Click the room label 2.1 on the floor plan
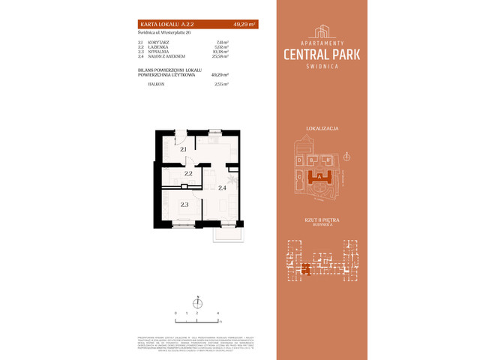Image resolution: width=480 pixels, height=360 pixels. pos(183,150)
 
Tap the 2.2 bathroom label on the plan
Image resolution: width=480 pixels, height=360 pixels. pos(188,173)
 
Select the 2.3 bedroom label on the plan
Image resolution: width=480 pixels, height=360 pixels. pos(183,203)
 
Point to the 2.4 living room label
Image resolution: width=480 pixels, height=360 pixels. pos(222,188)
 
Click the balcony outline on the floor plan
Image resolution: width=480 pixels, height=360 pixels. pos(223,232)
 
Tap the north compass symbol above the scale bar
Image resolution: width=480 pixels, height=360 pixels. pos(196,301)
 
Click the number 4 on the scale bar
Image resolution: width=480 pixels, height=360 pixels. pos(217,311)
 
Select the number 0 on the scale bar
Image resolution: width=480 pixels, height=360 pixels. pos(175,311)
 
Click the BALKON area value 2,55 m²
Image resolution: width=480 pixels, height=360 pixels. pos(220,84)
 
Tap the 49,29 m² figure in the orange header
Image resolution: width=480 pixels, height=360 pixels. pos(245,25)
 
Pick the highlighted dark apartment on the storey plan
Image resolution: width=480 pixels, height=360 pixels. pos(305,268)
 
